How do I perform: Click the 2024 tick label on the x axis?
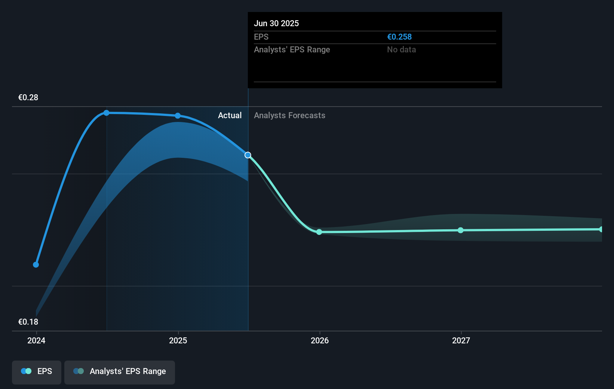click(36, 340)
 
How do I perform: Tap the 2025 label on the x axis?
click(178, 340)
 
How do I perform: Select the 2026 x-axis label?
click(320, 340)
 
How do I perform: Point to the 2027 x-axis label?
click(461, 340)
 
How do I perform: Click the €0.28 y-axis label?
click(28, 98)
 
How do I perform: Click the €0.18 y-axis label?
click(28, 322)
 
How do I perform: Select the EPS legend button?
click(37, 372)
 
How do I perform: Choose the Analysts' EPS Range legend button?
click(120, 372)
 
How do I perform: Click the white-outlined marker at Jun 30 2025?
click(248, 155)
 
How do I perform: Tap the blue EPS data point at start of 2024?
click(36, 265)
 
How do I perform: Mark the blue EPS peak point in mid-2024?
click(107, 113)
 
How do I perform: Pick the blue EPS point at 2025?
click(178, 116)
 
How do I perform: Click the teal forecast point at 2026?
click(319, 232)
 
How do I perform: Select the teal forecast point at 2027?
click(461, 230)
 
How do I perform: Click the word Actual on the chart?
click(230, 116)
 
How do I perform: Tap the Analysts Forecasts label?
click(289, 116)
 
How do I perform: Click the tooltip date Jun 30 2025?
click(276, 24)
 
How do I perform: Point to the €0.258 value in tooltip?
click(399, 37)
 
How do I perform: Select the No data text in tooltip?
click(401, 50)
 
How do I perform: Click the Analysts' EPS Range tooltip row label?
click(292, 50)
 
